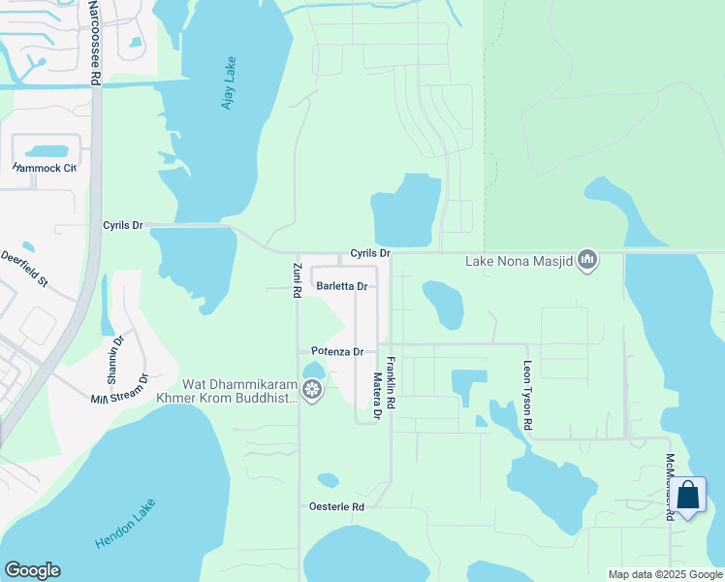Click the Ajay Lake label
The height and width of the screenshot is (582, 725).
(229, 82)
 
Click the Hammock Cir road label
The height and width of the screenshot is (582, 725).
(44, 168)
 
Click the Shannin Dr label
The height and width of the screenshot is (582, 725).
(117, 353)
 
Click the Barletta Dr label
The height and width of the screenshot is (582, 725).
(342, 286)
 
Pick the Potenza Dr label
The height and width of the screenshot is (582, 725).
(337, 351)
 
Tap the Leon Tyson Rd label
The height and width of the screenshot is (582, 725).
(528, 398)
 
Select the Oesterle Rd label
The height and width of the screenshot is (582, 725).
(335, 506)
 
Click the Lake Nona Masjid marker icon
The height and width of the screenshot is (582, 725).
(586, 259)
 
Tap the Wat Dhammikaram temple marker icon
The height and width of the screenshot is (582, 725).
(312, 390)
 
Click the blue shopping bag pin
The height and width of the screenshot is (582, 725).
(688, 496)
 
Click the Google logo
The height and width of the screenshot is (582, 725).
(32, 570)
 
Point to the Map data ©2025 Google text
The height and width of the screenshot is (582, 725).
(665, 574)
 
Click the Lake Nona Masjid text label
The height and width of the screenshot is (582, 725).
(519, 260)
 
